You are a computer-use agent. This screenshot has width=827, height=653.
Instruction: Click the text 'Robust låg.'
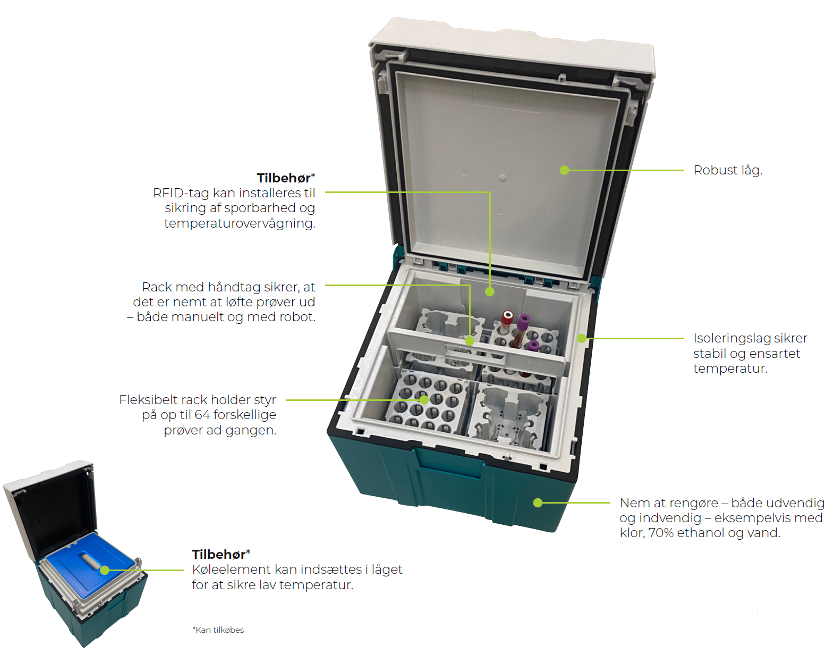coord(728,170)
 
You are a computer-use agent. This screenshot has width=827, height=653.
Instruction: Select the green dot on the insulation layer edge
coord(581,338)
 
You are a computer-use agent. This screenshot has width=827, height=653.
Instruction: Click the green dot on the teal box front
coord(538,503)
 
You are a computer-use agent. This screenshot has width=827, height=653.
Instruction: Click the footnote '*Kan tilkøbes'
coord(218,630)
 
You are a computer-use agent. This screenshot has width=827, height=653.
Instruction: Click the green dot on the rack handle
coord(470,341)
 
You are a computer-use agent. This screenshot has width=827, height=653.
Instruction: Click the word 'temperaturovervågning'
coord(240,223)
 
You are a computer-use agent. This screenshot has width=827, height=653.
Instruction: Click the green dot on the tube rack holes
coord(424,400)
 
